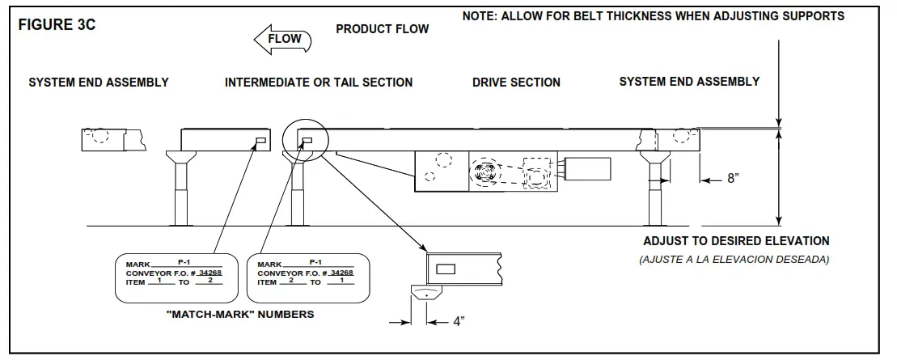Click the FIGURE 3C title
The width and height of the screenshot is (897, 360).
coord(57,24)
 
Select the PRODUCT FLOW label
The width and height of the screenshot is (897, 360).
coord(382,29)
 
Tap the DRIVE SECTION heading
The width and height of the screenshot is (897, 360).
coord(516,83)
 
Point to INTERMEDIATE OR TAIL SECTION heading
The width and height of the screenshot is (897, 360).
coord(319,83)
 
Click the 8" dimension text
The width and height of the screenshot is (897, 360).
coord(733,179)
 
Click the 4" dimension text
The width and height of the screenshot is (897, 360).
coord(458,321)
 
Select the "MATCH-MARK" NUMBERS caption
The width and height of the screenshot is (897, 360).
coord(239,315)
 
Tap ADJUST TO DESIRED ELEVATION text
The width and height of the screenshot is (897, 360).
coord(736,241)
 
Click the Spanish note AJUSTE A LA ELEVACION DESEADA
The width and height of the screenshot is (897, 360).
coord(735,259)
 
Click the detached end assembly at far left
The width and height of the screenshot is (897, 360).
coord(113,139)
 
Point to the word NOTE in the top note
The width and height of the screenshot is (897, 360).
coord(480,16)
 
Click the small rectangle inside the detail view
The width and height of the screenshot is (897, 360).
coord(446,268)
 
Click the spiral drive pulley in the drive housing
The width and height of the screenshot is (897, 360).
coord(488,172)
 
